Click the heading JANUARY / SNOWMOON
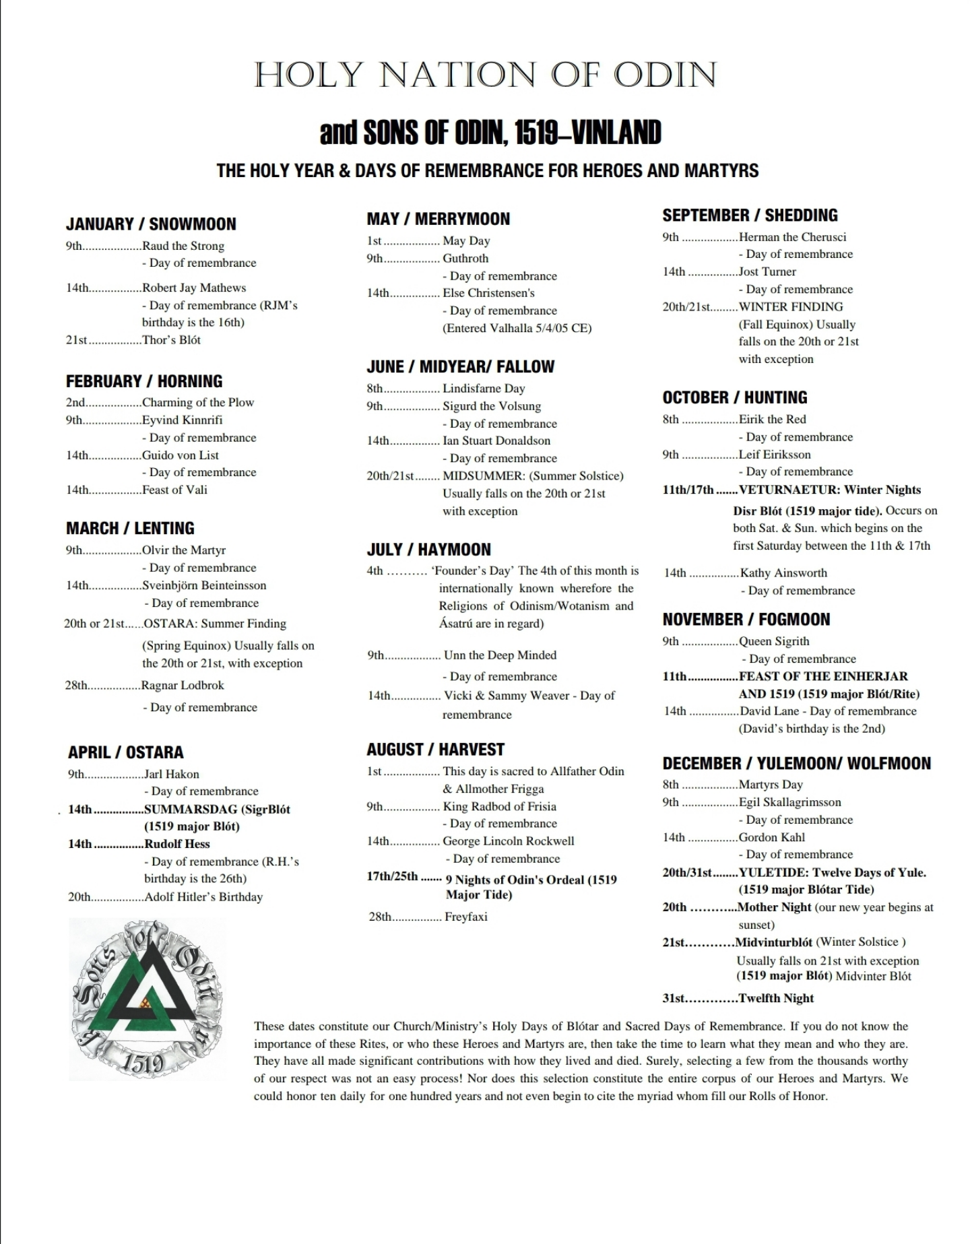[x=151, y=224]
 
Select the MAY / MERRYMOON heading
[x=438, y=219]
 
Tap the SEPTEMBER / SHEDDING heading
[x=750, y=216]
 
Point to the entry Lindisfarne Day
[x=484, y=389]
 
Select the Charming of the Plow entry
[x=198, y=403]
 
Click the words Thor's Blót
[x=171, y=340]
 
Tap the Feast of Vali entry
[x=174, y=490]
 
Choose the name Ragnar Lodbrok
[x=183, y=686]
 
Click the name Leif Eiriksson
[x=775, y=455]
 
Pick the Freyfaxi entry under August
[x=465, y=917]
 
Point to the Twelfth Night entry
[x=776, y=998]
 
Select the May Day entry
[x=466, y=241]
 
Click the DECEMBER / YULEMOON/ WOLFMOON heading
[x=796, y=764]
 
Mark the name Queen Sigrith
[x=774, y=641]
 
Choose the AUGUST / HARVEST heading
[x=435, y=750]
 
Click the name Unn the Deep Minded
[x=500, y=655]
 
